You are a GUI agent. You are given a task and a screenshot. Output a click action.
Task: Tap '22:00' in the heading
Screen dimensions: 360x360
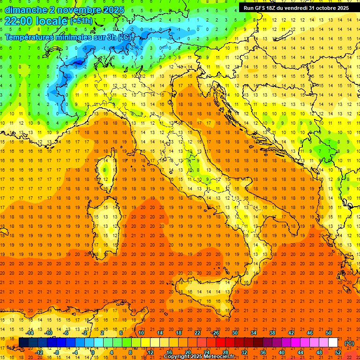(18, 21)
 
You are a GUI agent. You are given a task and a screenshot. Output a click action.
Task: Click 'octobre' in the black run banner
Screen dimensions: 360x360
(319, 8)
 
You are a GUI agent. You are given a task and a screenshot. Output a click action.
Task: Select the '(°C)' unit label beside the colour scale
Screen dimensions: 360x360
(349, 343)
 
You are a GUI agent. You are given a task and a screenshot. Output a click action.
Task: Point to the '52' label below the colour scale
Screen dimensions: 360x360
(338, 352)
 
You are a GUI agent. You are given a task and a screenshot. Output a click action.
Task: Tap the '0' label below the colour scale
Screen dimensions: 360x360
(93, 352)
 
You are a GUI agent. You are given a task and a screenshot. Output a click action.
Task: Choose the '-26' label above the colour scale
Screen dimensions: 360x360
(215, 333)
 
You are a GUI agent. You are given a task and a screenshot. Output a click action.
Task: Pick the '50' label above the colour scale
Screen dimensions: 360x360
(329, 333)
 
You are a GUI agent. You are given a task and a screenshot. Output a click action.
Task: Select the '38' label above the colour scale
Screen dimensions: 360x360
(272, 333)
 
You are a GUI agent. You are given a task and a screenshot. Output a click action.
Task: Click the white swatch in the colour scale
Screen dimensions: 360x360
(333, 343)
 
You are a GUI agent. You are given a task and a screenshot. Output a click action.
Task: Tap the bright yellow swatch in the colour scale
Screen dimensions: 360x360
(145, 343)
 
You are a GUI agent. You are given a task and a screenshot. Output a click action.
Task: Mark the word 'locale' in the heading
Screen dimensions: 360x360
(53, 21)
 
